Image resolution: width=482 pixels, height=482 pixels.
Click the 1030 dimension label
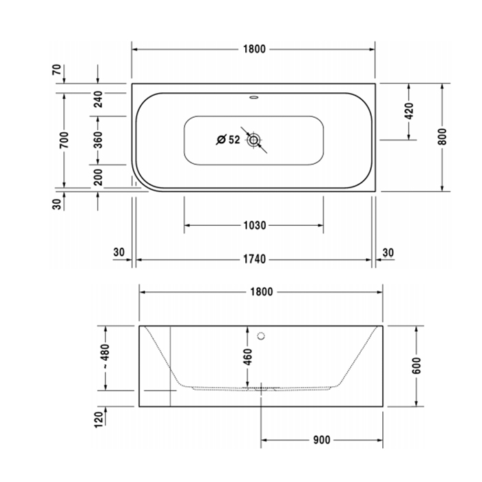click(253, 225)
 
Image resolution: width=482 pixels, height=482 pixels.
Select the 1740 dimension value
click(253, 260)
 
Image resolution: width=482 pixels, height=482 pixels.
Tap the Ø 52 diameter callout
click(228, 140)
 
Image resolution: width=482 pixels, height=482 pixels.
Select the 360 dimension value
click(98, 140)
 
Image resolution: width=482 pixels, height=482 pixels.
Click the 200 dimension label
click(98, 176)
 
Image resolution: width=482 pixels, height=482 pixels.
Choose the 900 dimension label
click(322, 440)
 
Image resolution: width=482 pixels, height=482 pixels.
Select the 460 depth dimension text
click(248, 357)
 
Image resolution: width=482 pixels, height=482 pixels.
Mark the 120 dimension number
click(98, 418)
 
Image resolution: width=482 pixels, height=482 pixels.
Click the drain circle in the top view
click(256, 140)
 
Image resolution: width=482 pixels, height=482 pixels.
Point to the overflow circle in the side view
click(261, 337)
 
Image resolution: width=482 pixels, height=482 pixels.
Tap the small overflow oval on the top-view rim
click(253, 98)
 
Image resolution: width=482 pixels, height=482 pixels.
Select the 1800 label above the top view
click(253, 50)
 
